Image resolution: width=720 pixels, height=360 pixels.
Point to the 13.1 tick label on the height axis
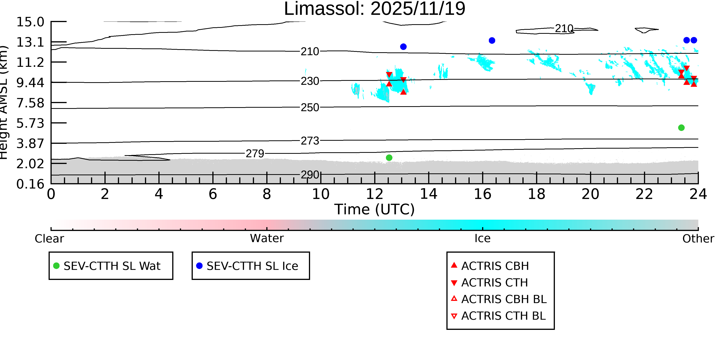(x=30, y=42)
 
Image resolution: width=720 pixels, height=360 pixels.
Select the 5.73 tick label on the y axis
(x=30, y=123)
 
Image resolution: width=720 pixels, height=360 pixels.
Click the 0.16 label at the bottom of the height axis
(x=30, y=184)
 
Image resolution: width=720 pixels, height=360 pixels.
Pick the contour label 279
(x=255, y=153)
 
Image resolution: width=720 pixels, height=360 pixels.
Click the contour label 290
(x=310, y=175)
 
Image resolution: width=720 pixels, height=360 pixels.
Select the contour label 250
(x=310, y=107)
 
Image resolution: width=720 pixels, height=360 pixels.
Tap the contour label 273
(x=310, y=141)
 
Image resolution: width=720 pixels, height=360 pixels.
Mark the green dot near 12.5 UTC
(x=389, y=158)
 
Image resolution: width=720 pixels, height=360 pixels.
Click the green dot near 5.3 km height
(x=681, y=128)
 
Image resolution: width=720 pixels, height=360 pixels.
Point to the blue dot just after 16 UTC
(x=492, y=41)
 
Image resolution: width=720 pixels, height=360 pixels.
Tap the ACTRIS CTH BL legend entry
(x=503, y=316)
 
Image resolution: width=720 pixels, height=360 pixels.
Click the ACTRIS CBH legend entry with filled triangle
(x=495, y=266)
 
